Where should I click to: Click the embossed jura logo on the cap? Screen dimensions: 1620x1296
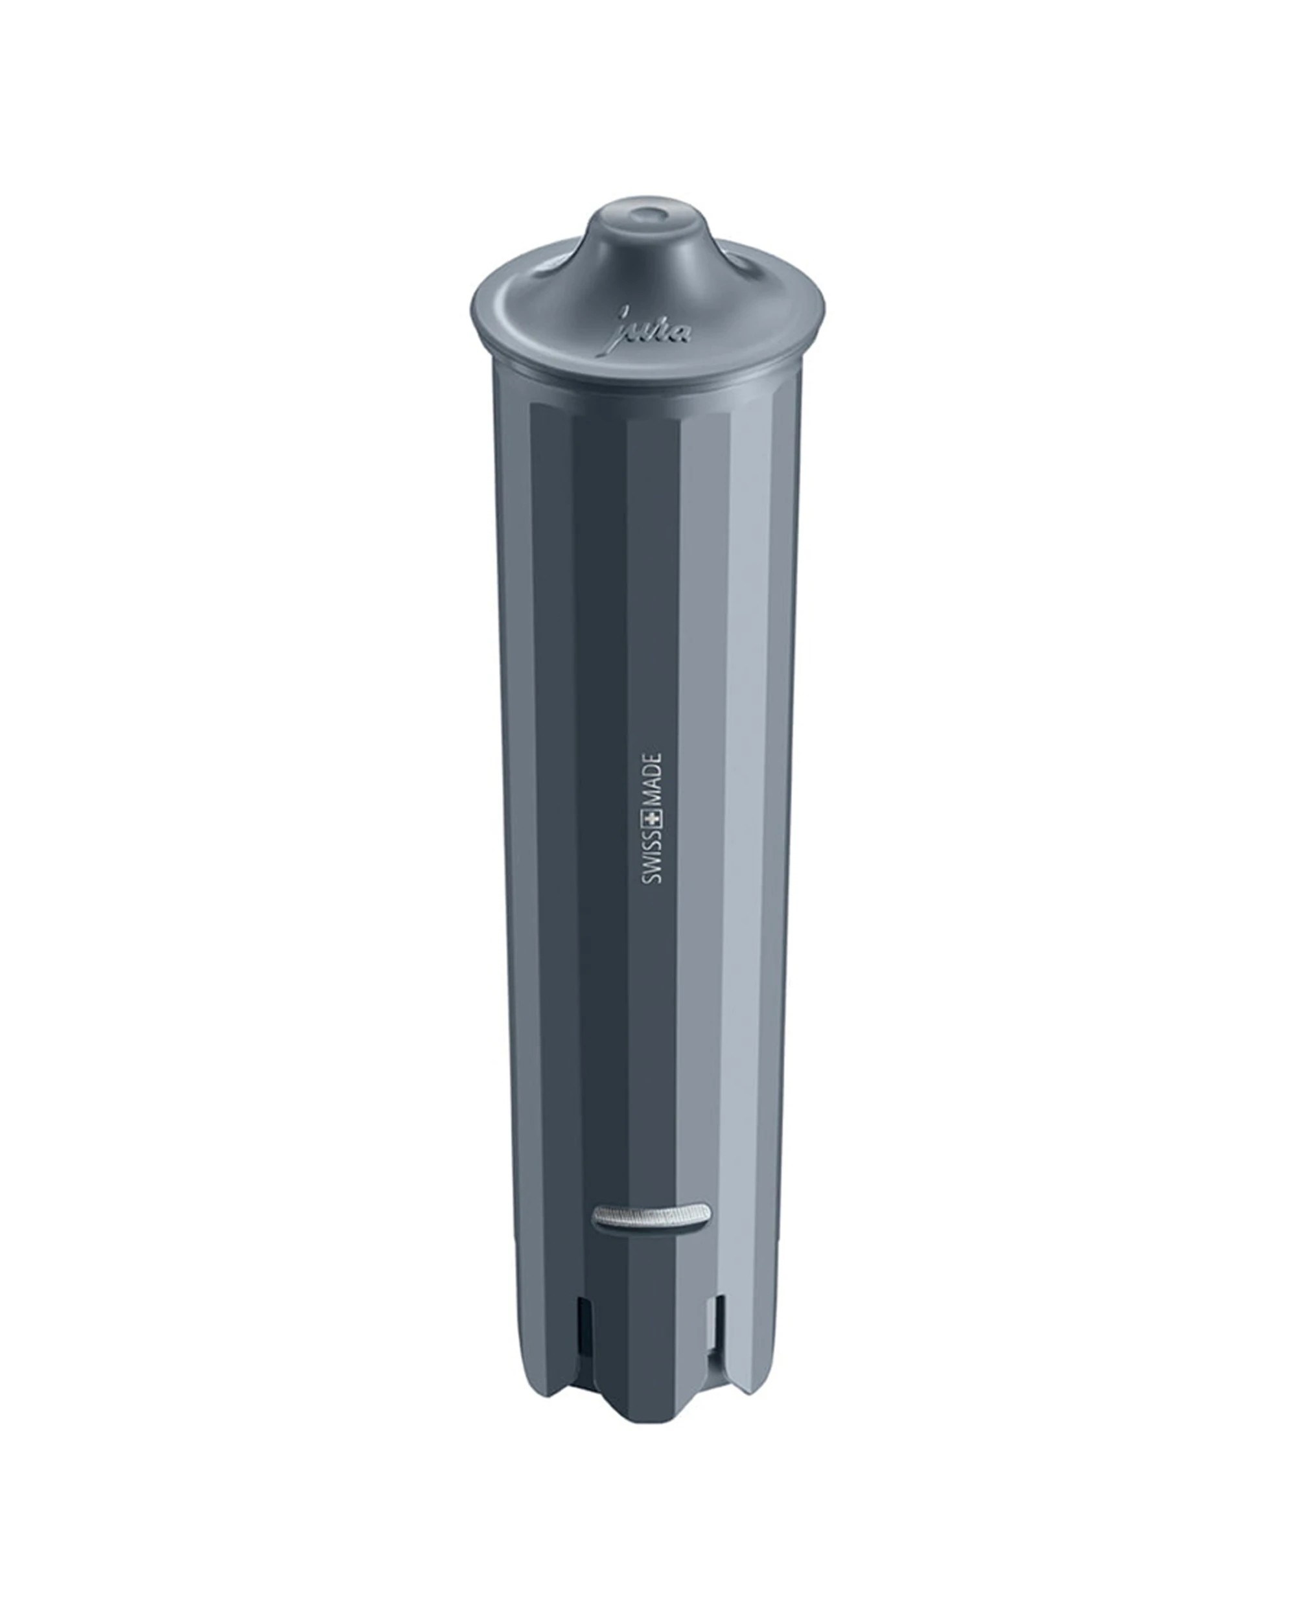pyautogui.click(x=652, y=329)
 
